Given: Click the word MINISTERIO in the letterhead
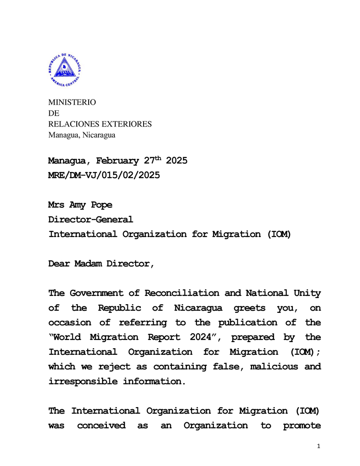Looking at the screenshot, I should pos(72,103).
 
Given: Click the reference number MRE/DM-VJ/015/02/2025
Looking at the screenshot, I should pos(104,175).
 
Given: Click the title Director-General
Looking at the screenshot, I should pos(91,219).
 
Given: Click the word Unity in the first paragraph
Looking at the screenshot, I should pos(307,293).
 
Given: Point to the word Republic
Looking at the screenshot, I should pos(120,308).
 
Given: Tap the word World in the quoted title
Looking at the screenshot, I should pos(68,337).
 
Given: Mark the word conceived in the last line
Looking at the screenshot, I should pos(101,425).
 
